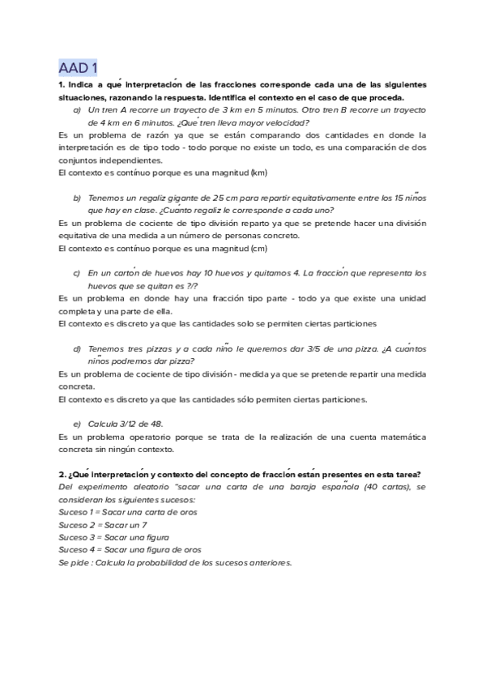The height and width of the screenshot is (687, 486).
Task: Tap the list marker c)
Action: (77, 273)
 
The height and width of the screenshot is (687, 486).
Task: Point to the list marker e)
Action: (77, 424)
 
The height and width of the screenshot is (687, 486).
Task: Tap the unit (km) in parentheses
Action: (259, 173)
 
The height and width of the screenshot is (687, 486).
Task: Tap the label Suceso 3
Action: (77, 537)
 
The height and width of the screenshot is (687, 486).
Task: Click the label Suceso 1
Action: (77, 512)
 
